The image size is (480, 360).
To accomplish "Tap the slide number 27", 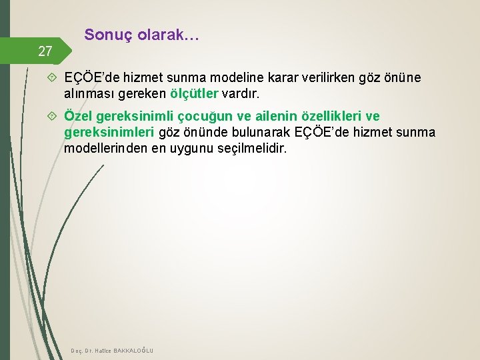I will tap(45, 51).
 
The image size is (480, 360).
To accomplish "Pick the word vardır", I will tap(239, 92).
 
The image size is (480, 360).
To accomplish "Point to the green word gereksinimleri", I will tap(109, 132).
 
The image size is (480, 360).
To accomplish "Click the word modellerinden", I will tap(110, 148).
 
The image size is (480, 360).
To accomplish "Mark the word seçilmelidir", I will tap(253, 148).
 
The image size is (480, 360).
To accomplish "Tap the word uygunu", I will tap(192, 148).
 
